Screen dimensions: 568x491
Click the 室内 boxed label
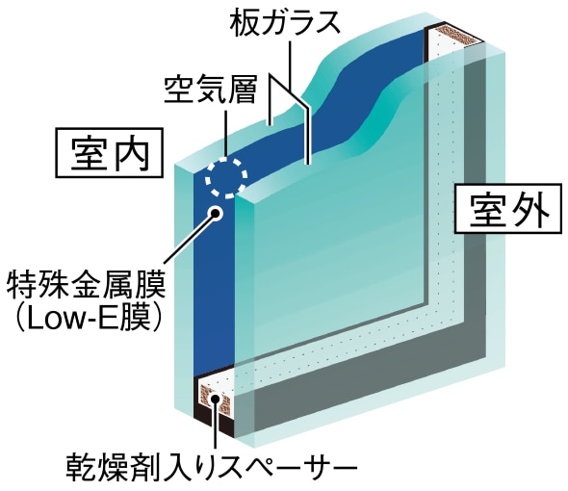[109, 153]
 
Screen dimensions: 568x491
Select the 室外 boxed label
[509, 209]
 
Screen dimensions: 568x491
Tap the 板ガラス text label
[285, 23]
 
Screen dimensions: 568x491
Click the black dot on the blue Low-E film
[216, 214]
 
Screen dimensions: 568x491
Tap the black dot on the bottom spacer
[216, 399]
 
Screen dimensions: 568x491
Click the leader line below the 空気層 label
[225, 135]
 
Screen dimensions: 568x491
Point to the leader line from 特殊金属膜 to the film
[189, 239]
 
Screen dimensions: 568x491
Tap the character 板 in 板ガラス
[243, 23]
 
